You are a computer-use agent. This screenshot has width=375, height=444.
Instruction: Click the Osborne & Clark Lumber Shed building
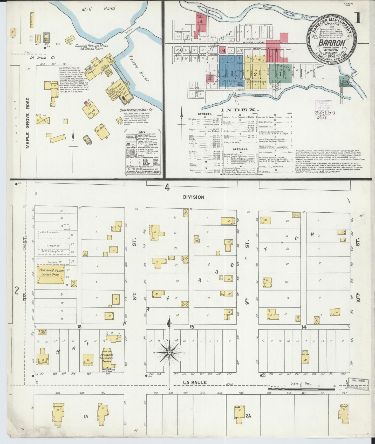[x=51, y=274]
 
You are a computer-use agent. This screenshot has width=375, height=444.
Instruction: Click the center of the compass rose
[x=169, y=353]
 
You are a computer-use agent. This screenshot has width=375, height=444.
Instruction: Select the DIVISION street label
[x=193, y=197]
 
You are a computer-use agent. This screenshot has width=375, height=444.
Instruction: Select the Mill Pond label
[x=98, y=9]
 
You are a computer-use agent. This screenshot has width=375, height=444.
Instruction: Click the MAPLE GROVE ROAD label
[x=28, y=123]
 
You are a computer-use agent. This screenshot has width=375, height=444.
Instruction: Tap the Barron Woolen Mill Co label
[x=136, y=110]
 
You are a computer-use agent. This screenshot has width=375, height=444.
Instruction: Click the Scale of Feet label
[x=301, y=383]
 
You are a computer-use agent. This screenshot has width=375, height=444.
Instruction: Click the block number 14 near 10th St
[x=304, y=327]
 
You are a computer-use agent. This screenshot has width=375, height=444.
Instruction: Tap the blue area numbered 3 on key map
[x=232, y=73]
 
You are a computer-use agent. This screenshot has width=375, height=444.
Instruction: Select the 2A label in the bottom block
[x=248, y=416]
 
